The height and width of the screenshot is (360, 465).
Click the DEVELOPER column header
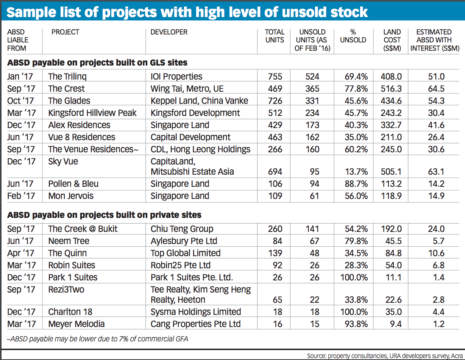[x=169, y=32]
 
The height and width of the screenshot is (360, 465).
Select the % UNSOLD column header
[x=353, y=36]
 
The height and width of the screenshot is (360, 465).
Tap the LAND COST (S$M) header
[x=392, y=40]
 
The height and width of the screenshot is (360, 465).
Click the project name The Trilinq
[x=67, y=77]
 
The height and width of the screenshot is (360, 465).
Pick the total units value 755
[x=275, y=77]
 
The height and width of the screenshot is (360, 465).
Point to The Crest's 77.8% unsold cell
[x=354, y=89]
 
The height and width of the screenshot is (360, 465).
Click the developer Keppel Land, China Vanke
[x=199, y=101]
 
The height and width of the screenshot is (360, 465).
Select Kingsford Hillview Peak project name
[x=92, y=113]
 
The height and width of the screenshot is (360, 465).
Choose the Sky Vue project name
[x=63, y=161]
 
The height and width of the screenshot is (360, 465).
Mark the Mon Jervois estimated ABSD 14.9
[x=436, y=196]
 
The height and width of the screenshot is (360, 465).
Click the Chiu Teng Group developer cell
[x=182, y=229]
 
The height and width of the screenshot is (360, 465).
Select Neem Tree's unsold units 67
[x=312, y=241]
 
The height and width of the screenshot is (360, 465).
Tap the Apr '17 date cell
[x=21, y=253]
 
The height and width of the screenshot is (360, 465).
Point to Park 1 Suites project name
[x=73, y=277]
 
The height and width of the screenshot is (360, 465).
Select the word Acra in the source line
[x=455, y=356]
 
